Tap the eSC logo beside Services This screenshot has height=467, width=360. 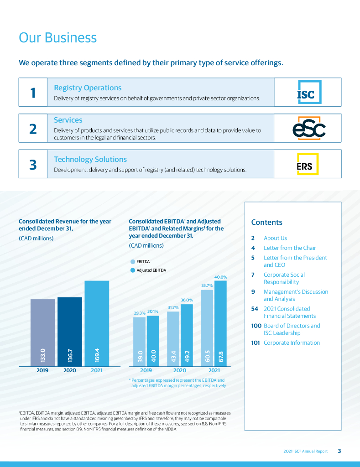pyautogui.click(x=309, y=129)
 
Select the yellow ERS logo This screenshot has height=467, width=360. pyautogui.click(x=305, y=164)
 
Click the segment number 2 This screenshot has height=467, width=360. pyautogui.click(x=33, y=129)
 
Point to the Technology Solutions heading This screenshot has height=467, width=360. pyautogui.click(x=90, y=159)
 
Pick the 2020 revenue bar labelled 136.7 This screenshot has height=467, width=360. pyautogui.click(x=70, y=331)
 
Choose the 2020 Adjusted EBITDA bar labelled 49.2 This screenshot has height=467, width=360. pyautogui.click(x=187, y=335)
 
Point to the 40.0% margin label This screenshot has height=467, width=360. pyautogui.click(x=221, y=277)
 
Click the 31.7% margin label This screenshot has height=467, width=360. pyautogui.click(x=173, y=307)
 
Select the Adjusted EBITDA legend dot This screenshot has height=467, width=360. pyautogui.click(x=133, y=270)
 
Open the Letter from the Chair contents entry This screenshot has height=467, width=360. pyautogui.click(x=290, y=248)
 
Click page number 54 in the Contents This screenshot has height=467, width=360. pyautogui.click(x=255, y=309)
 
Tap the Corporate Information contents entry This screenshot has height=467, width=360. pyautogui.click(x=292, y=343)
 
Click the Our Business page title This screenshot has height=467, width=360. pyautogui.click(x=57, y=37)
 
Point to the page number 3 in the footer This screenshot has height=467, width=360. pyautogui.click(x=339, y=451)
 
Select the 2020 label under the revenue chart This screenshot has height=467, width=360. pyautogui.click(x=69, y=371)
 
